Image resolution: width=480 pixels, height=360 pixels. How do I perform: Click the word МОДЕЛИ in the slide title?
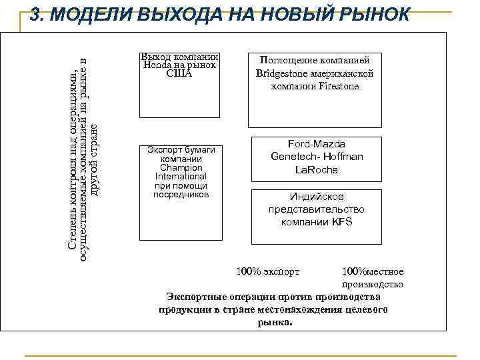pyautogui.click(x=90, y=15)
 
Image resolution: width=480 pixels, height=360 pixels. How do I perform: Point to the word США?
pyautogui.click(x=179, y=73)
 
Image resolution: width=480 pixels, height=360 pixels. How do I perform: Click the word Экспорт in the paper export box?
pyautogui.click(x=164, y=150)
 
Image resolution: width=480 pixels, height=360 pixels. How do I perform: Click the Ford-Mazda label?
pyautogui.click(x=316, y=144)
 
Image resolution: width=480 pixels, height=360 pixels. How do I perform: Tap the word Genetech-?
pyautogui.click(x=296, y=157)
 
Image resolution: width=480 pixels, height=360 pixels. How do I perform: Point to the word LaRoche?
pyautogui.click(x=316, y=169)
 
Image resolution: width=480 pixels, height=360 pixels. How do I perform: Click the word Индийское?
pyautogui.click(x=316, y=197)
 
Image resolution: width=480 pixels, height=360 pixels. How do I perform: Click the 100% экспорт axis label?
pyautogui.click(x=268, y=271)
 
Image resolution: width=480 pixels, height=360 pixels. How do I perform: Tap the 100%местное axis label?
pyautogui.click(x=373, y=271)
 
